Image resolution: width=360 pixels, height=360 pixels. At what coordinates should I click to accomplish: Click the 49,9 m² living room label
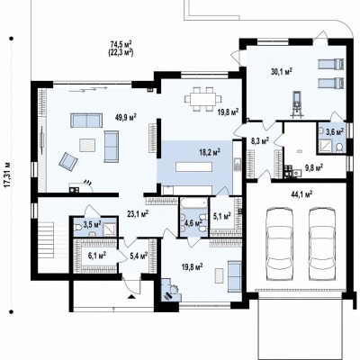point(126,117)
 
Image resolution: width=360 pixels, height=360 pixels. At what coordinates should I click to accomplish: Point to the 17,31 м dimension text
point(8,175)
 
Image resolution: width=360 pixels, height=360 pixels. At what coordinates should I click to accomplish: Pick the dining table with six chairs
point(202,99)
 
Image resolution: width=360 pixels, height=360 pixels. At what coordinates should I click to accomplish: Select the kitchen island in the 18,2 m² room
point(194,166)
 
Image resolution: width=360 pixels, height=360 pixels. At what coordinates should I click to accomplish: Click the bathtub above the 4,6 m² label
point(193,203)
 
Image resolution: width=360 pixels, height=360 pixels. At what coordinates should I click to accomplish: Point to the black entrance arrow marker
point(130,297)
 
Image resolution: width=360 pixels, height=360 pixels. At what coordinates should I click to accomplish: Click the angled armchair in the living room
point(68,160)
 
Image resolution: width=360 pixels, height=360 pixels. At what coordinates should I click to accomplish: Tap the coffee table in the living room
point(87,146)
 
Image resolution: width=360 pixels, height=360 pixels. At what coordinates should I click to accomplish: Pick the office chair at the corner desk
point(174,289)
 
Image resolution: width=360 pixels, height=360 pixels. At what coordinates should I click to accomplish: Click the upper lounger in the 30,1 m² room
point(330,64)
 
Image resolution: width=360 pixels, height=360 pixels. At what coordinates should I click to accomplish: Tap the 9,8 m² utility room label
point(314,166)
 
